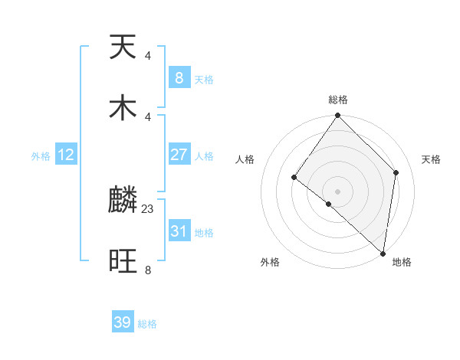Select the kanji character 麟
point(123,201)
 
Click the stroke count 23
point(148,208)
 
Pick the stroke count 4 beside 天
point(148,55)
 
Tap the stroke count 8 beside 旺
point(148,270)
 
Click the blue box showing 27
point(179,155)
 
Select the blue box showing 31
point(179,231)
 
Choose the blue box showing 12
point(66,155)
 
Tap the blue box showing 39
point(123,322)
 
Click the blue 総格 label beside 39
point(147,324)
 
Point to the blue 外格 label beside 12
point(41,156)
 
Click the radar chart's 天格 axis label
point(431,159)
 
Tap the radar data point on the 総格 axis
point(337,116)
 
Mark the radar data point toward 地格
point(383,254)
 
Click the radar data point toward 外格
point(328,204)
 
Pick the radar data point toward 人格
point(294,178)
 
